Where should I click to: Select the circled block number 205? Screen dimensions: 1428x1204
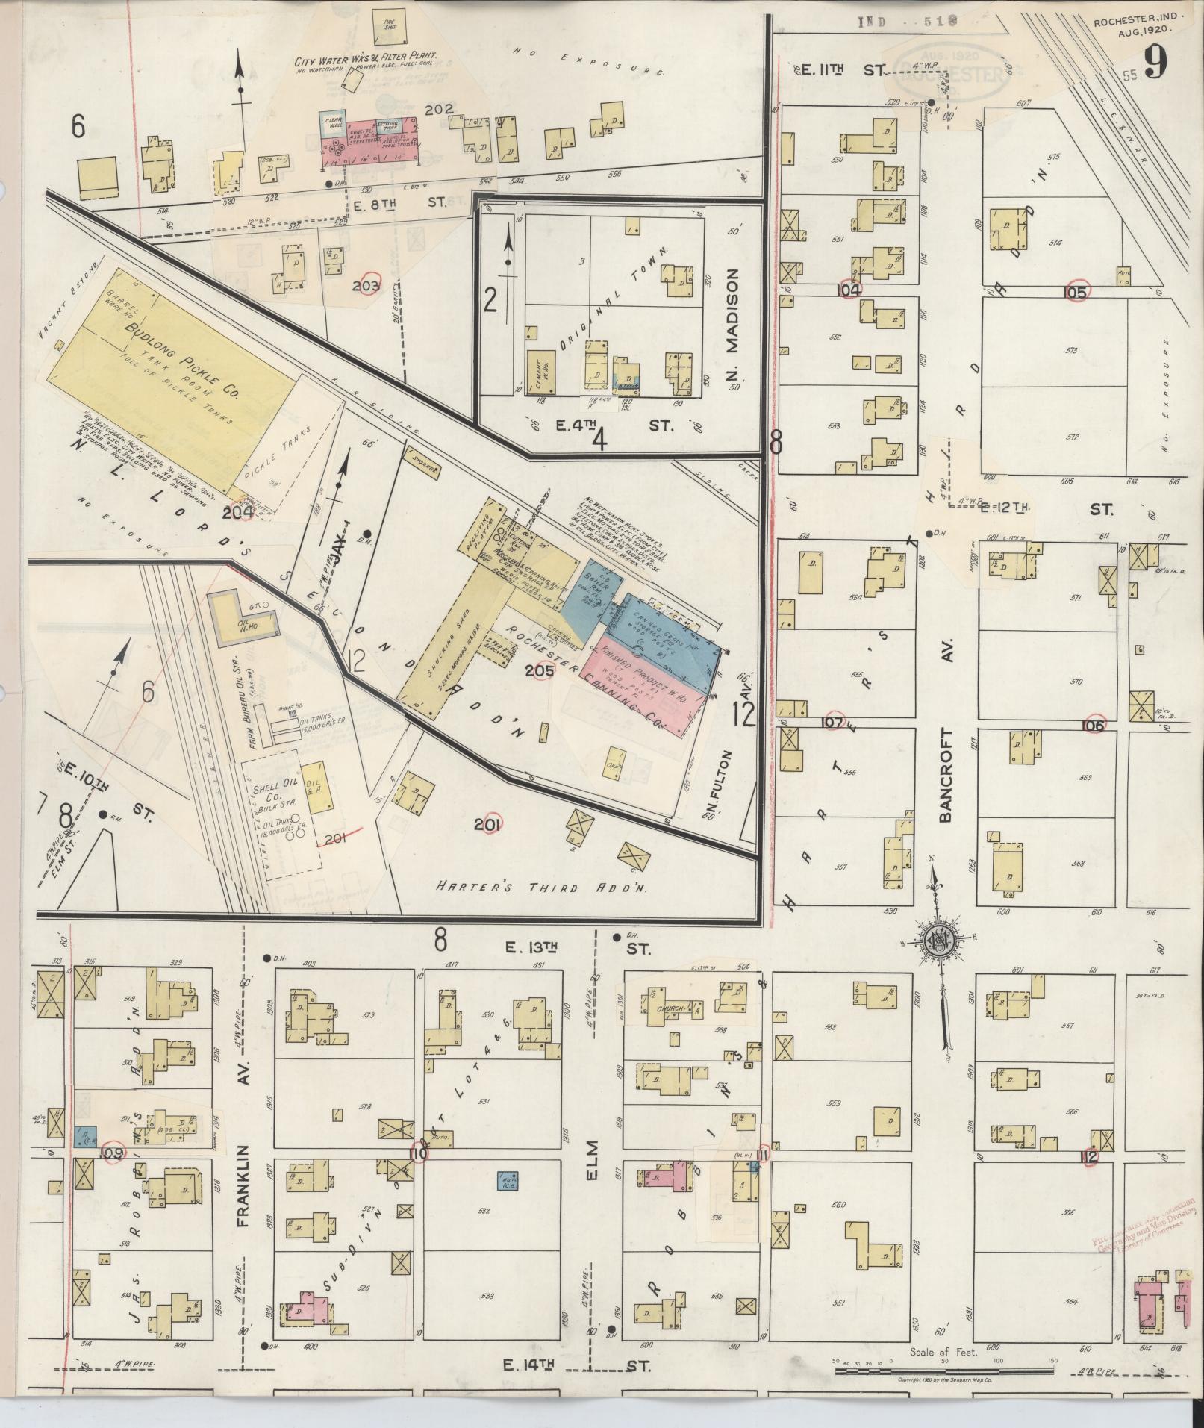[539, 670]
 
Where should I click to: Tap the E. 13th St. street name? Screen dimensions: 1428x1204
[567, 948]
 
